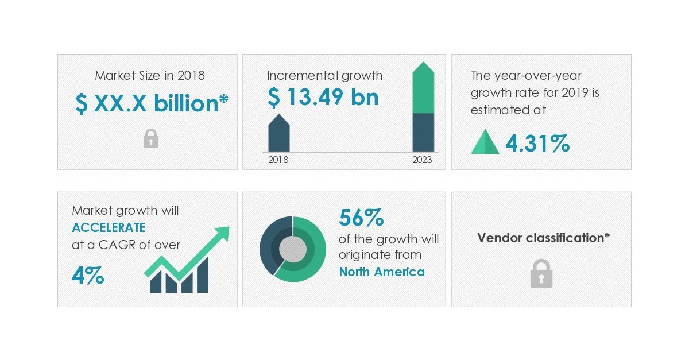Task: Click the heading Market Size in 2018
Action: [149, 75]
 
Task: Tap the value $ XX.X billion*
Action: [152, 103]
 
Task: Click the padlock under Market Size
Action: [150, 138]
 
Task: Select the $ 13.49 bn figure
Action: [323, 98]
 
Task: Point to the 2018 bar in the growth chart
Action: [279, 134]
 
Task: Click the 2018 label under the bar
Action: [278, 160]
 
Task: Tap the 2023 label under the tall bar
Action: [422, 160]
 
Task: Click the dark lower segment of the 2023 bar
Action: [424, 132]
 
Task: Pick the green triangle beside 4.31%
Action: [485, 142]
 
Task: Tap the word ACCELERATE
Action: [109, 227]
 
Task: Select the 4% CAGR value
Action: [88, 276]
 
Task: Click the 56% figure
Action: [361, 218]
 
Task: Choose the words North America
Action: [382, 272]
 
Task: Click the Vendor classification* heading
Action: [543, 238]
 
